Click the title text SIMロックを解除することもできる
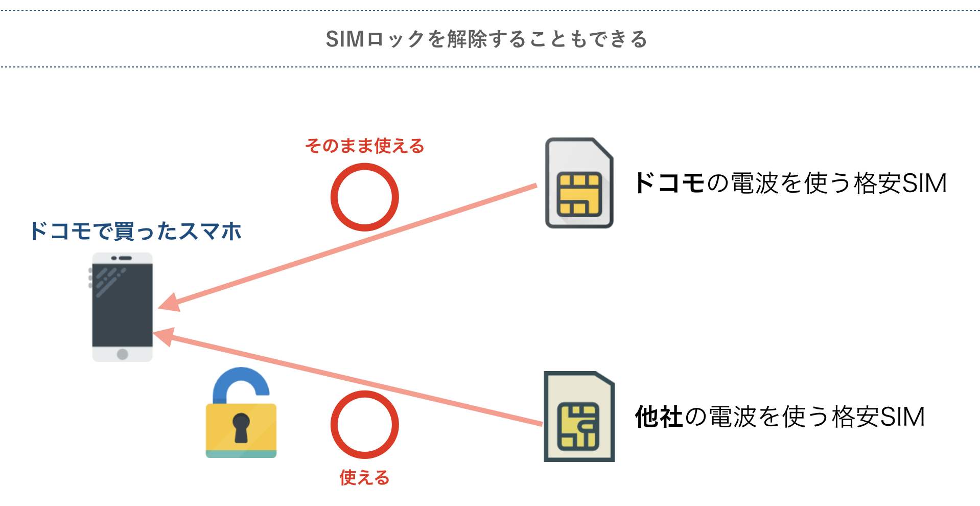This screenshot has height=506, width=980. pos(486,39)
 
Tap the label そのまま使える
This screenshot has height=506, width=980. pos(364,146)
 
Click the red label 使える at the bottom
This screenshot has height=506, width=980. pos(364,478)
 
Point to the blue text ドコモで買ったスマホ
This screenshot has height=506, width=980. pos(135,231)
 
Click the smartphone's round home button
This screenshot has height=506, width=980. pos(122,354)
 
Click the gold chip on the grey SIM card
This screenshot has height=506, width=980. pos(578,195)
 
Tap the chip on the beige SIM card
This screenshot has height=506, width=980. pos(578,426)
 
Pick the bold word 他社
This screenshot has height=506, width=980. pos(658,417)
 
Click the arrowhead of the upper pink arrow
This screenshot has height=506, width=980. pos(169,304)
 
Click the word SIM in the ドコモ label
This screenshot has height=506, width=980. pos(924,183)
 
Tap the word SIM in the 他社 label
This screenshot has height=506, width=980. pos(902,417)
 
